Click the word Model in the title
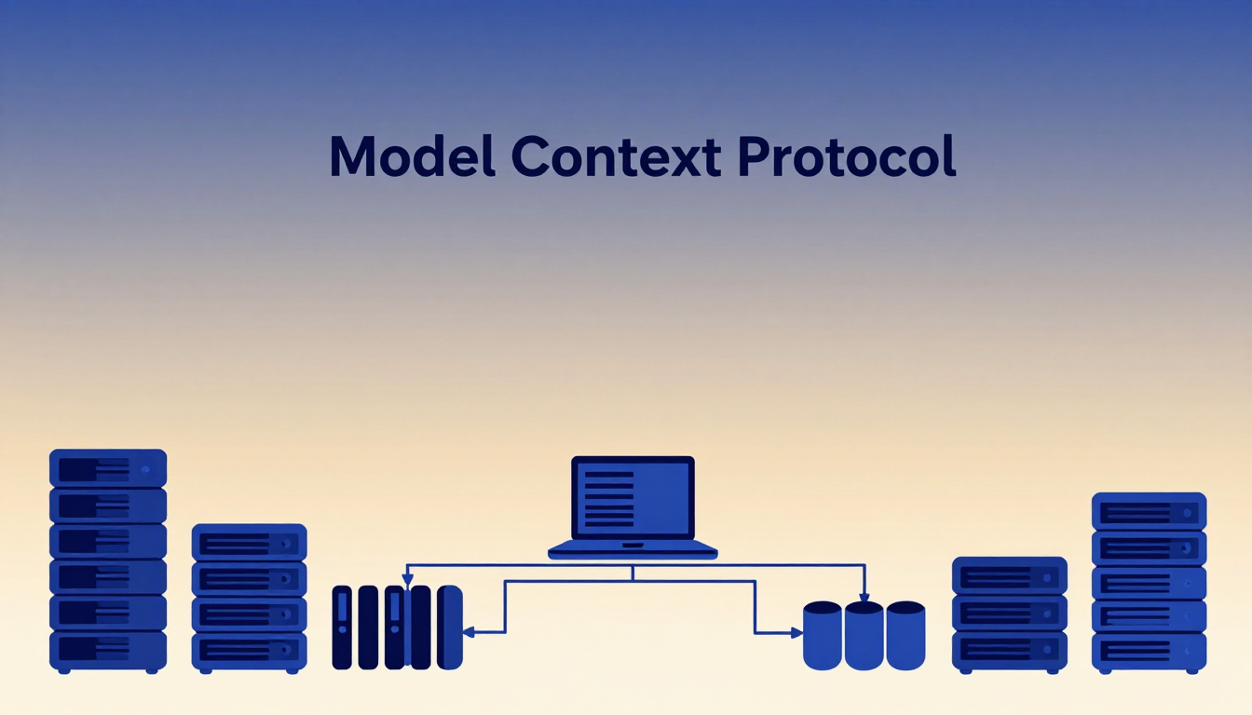(413, 155)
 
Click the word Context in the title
(616, 155)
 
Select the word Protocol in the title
(847, 155)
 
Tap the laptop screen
(633, 498)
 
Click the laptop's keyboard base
(633, 549)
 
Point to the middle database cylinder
(864, 636)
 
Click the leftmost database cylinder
(823, 636)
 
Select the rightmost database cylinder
(905, 636)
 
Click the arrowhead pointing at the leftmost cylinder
(796, 633)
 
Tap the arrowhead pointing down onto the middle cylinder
(864, 597)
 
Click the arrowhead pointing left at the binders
(469, 632)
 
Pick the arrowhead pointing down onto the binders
(408, 579)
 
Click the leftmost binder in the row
(342, 627)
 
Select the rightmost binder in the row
(450, 627)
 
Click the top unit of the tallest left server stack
(108, 468)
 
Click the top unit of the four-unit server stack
(250, 543)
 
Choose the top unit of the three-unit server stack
(1010, 575)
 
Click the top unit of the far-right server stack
(1150, 511)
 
